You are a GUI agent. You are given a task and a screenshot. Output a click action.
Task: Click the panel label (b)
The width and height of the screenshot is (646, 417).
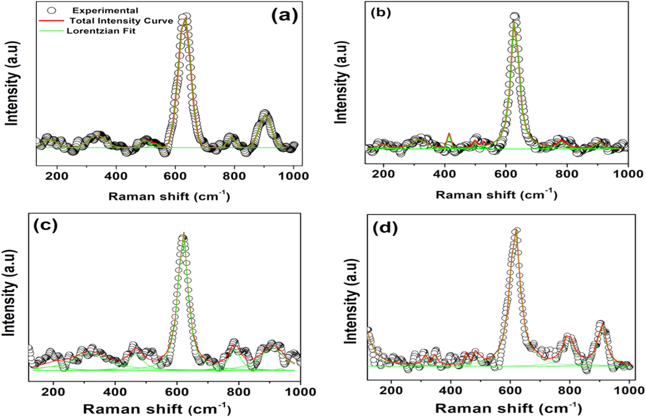pyautogui.click(x=380, y=13)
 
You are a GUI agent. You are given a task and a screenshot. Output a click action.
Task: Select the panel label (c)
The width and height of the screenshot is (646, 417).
pyautogui.click(x=45, y=225)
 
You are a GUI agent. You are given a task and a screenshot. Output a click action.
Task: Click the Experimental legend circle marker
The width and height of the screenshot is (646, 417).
pyautogui.click(x=51, y=10)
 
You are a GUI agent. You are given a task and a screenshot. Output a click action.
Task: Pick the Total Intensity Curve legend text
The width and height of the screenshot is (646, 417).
pyautogui.click(x=121, y=21)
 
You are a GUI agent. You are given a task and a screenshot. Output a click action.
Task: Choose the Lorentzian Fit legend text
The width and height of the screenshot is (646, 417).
pyautogui.click(x=101, y=31)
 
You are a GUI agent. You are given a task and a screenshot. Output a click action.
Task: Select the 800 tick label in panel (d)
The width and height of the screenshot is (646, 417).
pyautogui.click(x=570, y=390)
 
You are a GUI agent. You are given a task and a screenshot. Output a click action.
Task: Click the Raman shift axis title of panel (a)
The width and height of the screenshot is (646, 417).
pyautogui.click(x=169, y=196)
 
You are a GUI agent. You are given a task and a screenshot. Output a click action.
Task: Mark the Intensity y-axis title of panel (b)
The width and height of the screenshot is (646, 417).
pyautogui.click(x=341, y=82)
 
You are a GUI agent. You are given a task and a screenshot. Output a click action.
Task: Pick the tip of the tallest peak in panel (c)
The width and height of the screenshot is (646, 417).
pyautogui.click(x=184, y=234)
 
